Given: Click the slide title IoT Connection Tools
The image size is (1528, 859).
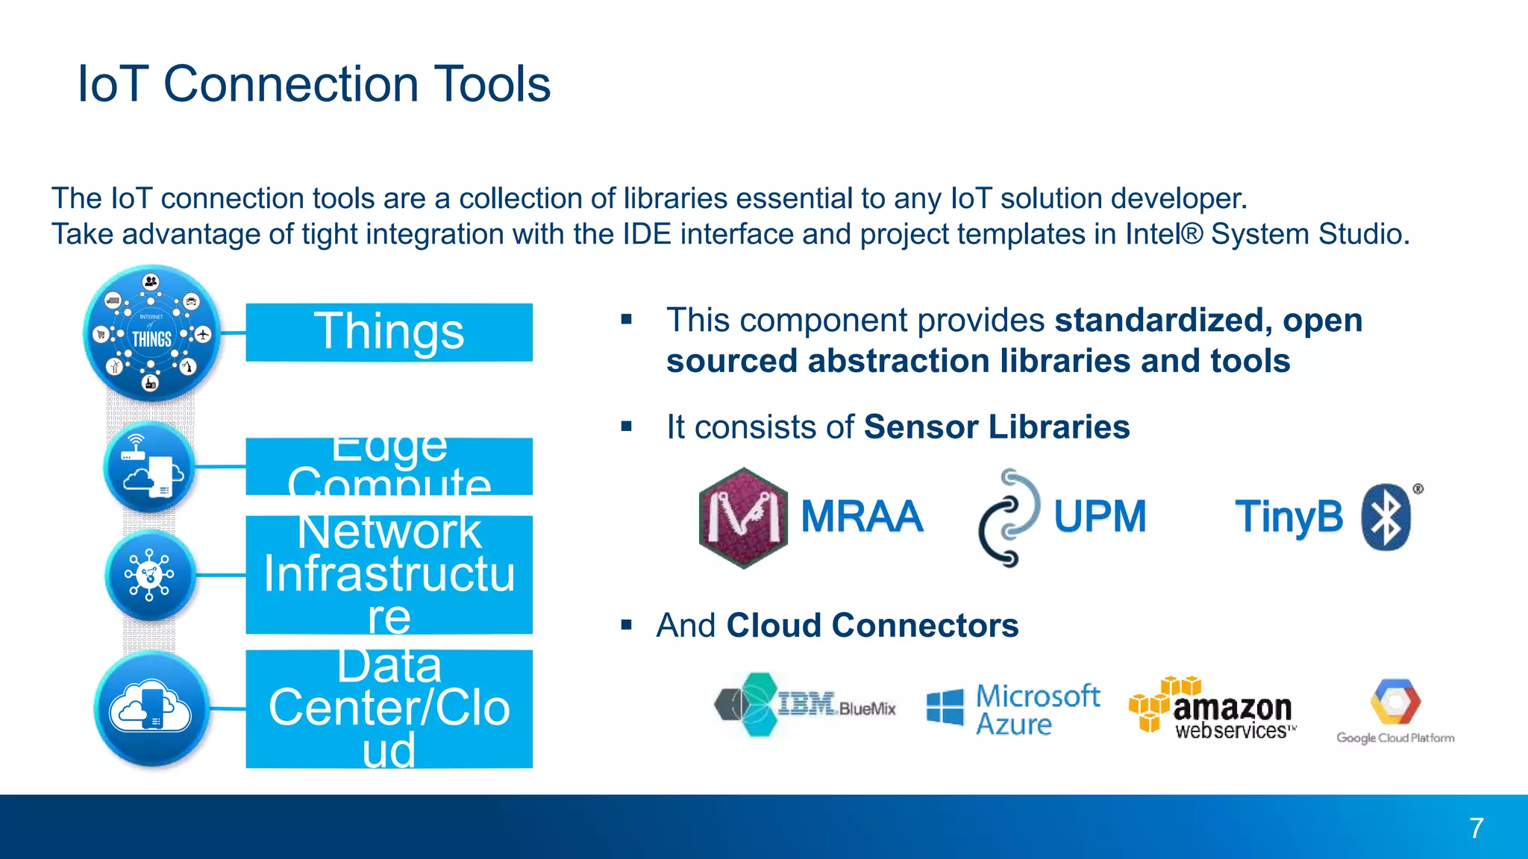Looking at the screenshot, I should coord(314,84).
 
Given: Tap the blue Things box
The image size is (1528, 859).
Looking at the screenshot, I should coord(389,333).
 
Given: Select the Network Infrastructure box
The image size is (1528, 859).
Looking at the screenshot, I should coord(389,574).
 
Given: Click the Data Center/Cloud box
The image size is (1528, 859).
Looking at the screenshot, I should coord(389,708).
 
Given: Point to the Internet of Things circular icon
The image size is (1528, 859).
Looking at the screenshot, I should coord(151,333).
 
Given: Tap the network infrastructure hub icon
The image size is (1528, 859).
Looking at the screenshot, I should coord(150,576).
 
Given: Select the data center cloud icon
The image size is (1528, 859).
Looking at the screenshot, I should coord(151,708).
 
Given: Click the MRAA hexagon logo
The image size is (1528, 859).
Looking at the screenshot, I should coord(743,517).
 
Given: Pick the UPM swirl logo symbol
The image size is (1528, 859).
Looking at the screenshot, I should coord(1008,517).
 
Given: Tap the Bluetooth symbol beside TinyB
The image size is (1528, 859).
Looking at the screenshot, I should coord(1386,517).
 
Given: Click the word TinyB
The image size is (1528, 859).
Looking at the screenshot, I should coord(1289,517).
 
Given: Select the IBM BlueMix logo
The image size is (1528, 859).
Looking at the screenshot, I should coord(804,705).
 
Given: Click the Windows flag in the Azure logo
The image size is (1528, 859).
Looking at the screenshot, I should coord(945,706).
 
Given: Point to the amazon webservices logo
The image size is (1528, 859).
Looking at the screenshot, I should coord(1213,708).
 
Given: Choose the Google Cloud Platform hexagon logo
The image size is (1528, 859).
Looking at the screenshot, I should coord(1395,702).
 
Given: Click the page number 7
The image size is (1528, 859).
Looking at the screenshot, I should coord(1476,828).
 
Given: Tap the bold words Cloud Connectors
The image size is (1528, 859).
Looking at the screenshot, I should coord(872,625).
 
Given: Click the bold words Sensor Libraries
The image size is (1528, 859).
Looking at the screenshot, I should coord(996,427).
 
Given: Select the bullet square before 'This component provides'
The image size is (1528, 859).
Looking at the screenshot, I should coord(626,320).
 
